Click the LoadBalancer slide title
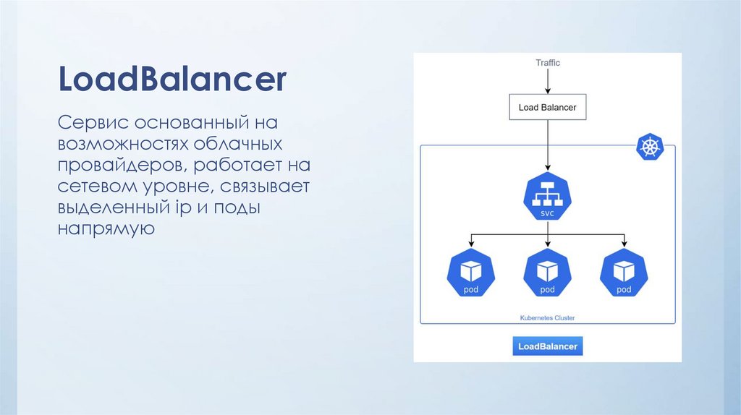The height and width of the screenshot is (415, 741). click(x=172, y=80)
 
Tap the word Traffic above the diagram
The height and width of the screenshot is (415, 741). click(x=548, y=63)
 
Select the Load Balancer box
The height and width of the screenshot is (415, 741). click(x=548, y=108)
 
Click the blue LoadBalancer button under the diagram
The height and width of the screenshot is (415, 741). click(x=548, y=346)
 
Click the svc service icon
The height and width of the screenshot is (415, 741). click(x=547, y=196)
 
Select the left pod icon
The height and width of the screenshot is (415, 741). click(x=471, y=273)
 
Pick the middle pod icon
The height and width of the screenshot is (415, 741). click(x=547, y=273)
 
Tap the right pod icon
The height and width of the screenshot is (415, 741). click(x=624, y=273)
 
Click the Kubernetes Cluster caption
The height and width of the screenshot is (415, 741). click(x=547, y=317)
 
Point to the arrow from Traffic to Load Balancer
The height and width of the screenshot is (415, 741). click(x=548, y=82)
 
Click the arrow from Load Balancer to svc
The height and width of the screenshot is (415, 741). click(x=548, y=145)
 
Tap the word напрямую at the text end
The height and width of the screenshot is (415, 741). click(x=107, y=231)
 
